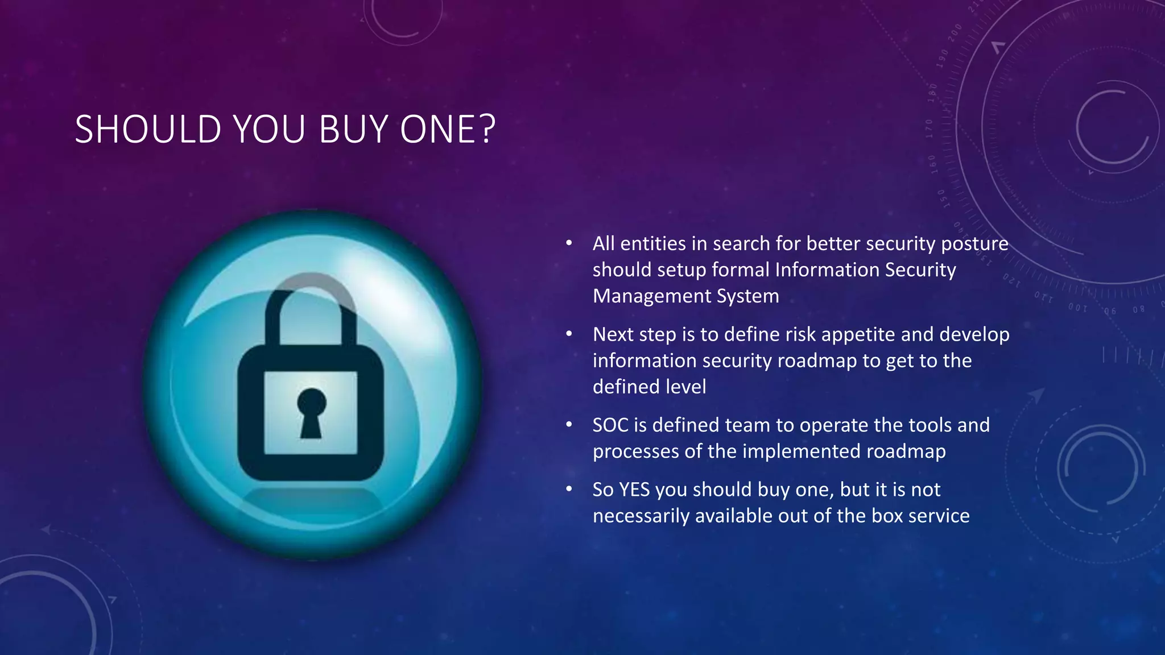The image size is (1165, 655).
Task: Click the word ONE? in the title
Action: click(x=448, y=130)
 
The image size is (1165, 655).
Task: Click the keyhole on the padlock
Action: click(x=311, y=412)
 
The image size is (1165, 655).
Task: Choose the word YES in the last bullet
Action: click(x=634, y=490)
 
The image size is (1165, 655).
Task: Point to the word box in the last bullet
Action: click(x=887, y=516)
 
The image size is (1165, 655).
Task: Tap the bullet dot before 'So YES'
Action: click(x=569, y=489)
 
